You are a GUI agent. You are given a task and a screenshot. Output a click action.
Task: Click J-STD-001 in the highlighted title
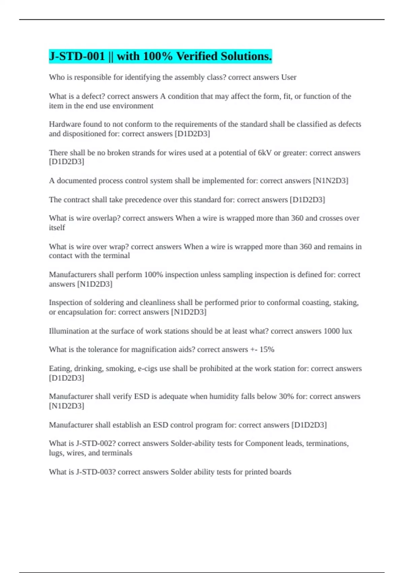click(x=77, y=56)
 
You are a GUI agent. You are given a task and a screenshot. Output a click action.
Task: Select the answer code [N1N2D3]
click(x=331, y=181)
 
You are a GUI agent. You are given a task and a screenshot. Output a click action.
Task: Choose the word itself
click(x=57, y=228)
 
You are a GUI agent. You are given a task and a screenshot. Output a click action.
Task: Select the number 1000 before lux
click(x=332, y=331)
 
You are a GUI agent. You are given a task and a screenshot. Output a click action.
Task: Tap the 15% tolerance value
click(x=267, y=350)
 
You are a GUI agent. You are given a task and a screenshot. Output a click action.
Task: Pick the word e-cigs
click(x=148, y=368)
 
